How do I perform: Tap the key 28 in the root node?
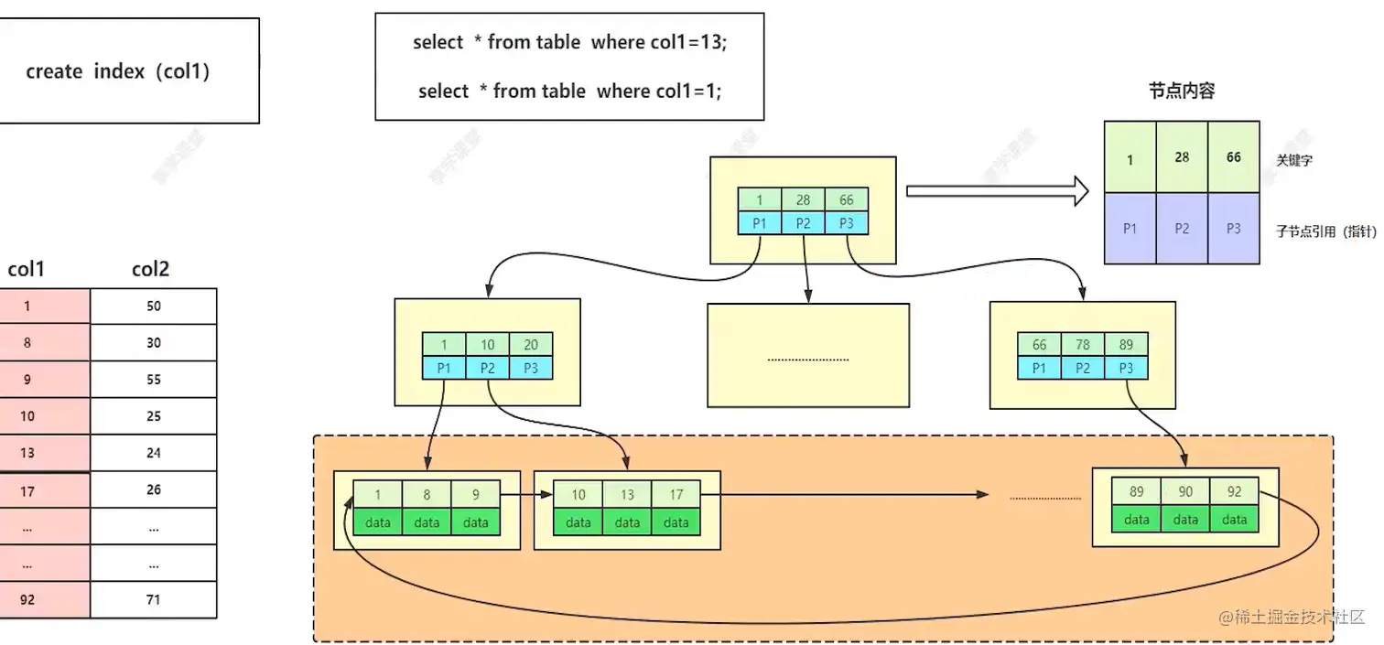point(803,200)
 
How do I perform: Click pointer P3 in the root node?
point(846,222)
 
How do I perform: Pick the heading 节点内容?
point(1182,91)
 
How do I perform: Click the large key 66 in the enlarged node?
point(1233,157)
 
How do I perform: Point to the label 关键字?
point(1296,160)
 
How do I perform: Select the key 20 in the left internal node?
point(531,345)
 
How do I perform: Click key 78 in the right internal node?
point(1082,345)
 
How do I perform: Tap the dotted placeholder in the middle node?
point(807,360)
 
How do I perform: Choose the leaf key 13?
point(627,494)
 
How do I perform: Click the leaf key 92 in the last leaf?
point(1234,491)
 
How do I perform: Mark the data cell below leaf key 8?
point(427,522)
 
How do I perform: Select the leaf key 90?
point(1185,491)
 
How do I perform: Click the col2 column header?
point(150,269)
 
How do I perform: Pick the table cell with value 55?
point(154,380)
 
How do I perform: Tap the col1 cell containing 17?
point(27,491)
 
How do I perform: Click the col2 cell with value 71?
point(154,600)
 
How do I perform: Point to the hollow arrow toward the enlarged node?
point(996,191)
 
